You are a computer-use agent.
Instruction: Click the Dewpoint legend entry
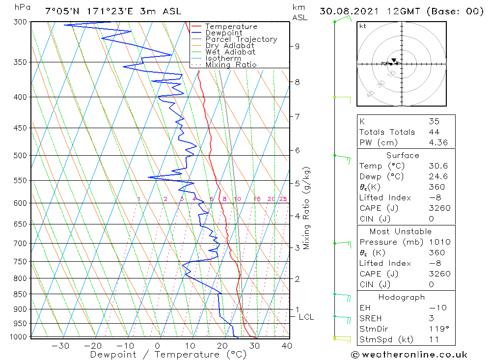pos(223,33)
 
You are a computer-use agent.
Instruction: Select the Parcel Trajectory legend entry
pos(241,39)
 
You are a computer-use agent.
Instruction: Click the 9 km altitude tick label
pos(297,46)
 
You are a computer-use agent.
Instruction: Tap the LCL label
pos(306,317)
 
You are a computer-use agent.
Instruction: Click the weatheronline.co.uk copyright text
pos(409,355)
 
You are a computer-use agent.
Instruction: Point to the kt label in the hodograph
pos(362,26)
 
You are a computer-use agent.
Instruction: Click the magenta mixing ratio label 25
pos(283,199)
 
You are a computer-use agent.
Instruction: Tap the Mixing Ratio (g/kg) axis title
pos(306,208)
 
